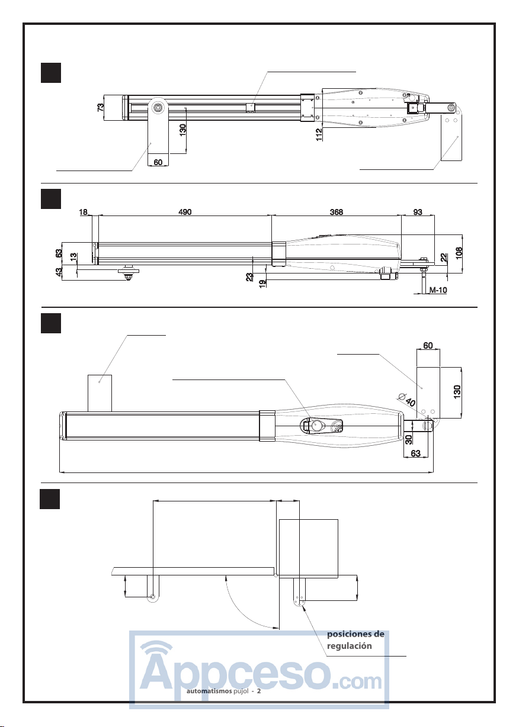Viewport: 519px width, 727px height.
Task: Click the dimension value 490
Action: coord(185,212)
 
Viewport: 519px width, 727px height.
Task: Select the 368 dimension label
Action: coord(336,212)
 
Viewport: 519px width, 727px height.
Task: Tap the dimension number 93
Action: coord(418,212)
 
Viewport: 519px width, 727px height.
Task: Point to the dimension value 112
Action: coord(319,134)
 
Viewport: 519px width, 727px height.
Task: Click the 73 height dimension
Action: coord(101,107)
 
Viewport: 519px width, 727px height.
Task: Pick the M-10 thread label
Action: coord(438,290)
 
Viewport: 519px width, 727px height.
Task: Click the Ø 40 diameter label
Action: coord(406,399)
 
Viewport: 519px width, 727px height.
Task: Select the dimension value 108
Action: coord(459,253)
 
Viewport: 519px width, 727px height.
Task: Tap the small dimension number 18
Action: coord(83,212)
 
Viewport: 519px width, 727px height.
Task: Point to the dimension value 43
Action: coord(59,271)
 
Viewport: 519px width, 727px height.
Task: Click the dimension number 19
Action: coord(262,284)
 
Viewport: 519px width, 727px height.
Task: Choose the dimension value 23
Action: coord(249,277)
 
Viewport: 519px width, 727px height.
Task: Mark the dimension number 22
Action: coord(444,258)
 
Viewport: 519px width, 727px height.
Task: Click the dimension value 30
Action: coord(409,439)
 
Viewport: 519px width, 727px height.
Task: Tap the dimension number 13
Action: coord(74,257)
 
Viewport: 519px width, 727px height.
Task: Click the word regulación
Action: coord(349,646)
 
